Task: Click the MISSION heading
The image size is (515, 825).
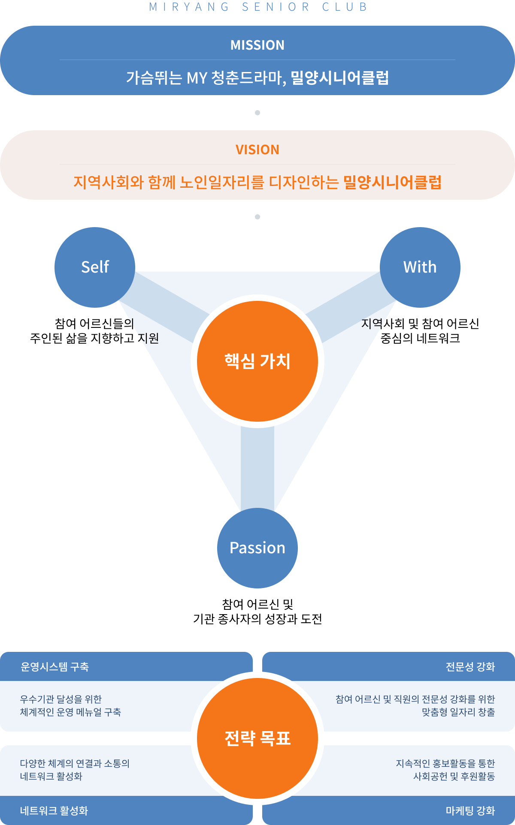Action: [x=257, y=45]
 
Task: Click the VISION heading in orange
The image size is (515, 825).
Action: [x=257, y=150]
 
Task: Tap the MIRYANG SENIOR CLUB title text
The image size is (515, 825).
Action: [x=258, y=7]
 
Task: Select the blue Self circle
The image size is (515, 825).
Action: [x=95, y=267]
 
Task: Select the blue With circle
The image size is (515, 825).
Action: [x=420, y=267]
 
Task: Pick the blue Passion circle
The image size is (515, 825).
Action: [x=257, y=548]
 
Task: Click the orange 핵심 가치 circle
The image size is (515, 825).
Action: [x=257, y=361]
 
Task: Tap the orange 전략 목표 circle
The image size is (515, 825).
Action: [x=257, y=738]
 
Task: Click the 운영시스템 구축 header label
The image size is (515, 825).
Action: [x=55, y=667]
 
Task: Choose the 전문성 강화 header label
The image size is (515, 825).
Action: [x=470, y=667]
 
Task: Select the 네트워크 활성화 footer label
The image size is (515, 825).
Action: [x=54, y=811]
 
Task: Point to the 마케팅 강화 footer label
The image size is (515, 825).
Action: [x=470, y=811]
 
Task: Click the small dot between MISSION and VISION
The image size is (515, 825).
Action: [x=257, y=113]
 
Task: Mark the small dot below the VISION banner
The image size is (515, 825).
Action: [x=257, y=217]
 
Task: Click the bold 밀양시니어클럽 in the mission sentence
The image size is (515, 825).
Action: [x=340, y=78]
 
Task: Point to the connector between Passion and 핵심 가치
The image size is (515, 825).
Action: [x=257, y=467]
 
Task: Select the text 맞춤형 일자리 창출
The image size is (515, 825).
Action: [x=458, y=712]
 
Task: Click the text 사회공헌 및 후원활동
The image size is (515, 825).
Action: [x=454, y=777]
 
